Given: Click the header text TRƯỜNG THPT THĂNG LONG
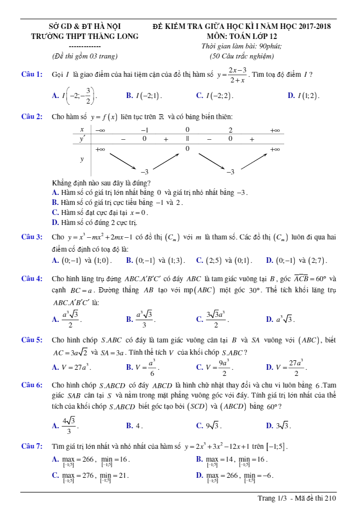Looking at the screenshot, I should tap(85, 36).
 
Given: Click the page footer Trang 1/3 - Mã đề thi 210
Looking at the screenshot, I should tap(297, 498).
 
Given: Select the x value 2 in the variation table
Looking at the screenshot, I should tap(230, 130).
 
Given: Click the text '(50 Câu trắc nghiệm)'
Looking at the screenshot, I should tap(242, 56).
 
